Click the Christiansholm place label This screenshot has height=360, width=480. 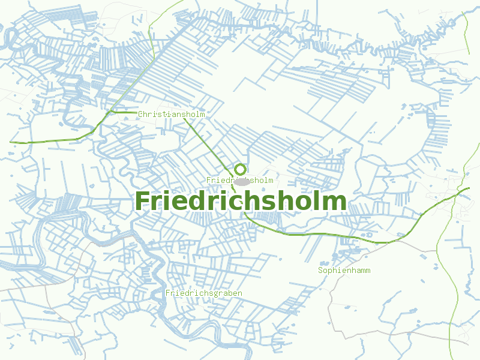tap(172, 114)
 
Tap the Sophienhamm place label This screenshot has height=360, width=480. tap(344, 271)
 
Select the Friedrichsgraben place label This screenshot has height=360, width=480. tap(204, 293)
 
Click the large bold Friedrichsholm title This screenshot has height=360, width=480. tap(241, 201)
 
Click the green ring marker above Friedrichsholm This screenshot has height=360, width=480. tap(241, 169)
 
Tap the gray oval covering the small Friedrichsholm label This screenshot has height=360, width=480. tap(242, 181)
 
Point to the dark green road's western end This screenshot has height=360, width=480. tap(11, 142)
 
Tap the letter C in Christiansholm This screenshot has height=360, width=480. tap(140, 114)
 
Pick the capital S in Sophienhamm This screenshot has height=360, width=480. tap(320, 271)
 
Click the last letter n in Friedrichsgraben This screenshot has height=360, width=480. tap(240, 293)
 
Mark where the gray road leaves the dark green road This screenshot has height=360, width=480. tap(396, 241)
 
